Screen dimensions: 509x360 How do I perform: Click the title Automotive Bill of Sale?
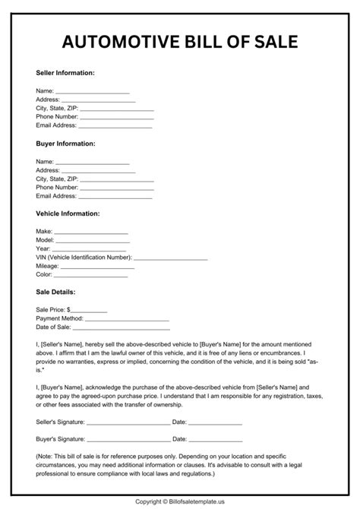tap(179, 41)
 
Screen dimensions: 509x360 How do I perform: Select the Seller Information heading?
tap(65, 73)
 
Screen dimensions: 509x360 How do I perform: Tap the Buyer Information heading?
tap(65, 143)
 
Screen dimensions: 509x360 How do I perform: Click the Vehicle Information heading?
tap(68, 213)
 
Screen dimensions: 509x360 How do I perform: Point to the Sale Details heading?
tap(55, 291)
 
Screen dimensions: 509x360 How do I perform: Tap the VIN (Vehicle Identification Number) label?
tap(84, 258)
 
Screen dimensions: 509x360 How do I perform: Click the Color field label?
tap(45, 274)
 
